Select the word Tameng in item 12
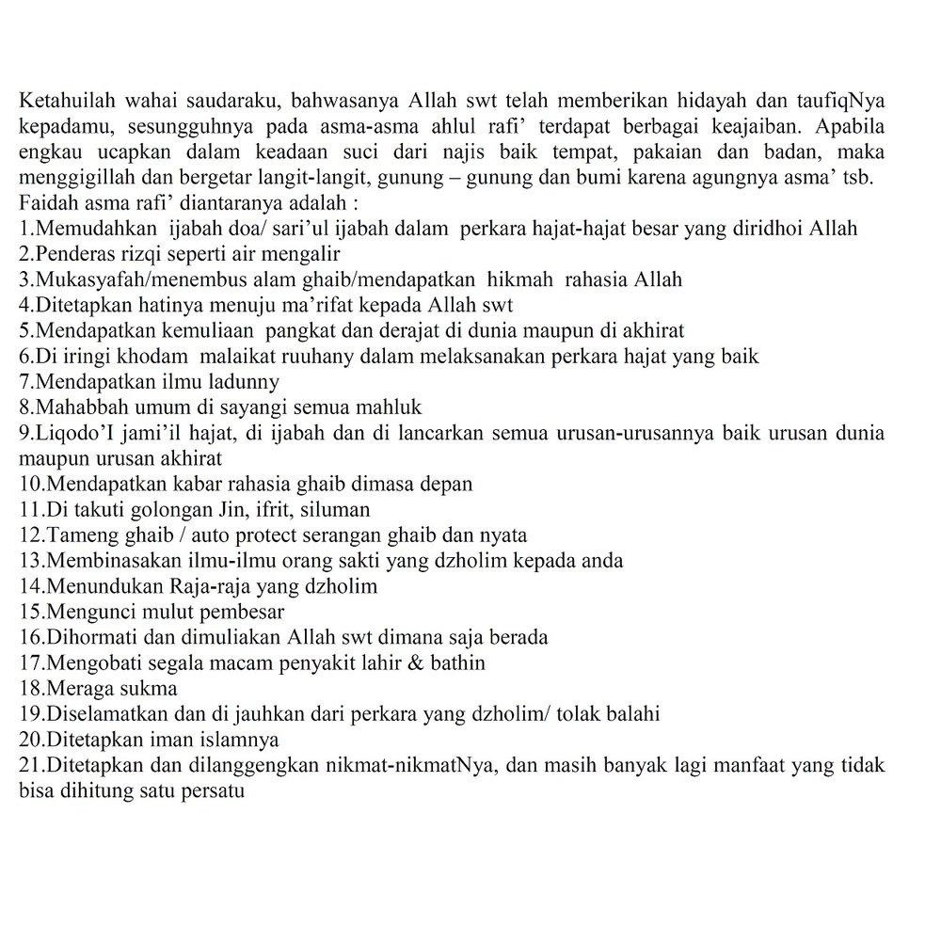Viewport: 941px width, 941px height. click(x=78, y=535)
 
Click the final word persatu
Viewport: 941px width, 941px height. click(x=214, y=790)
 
